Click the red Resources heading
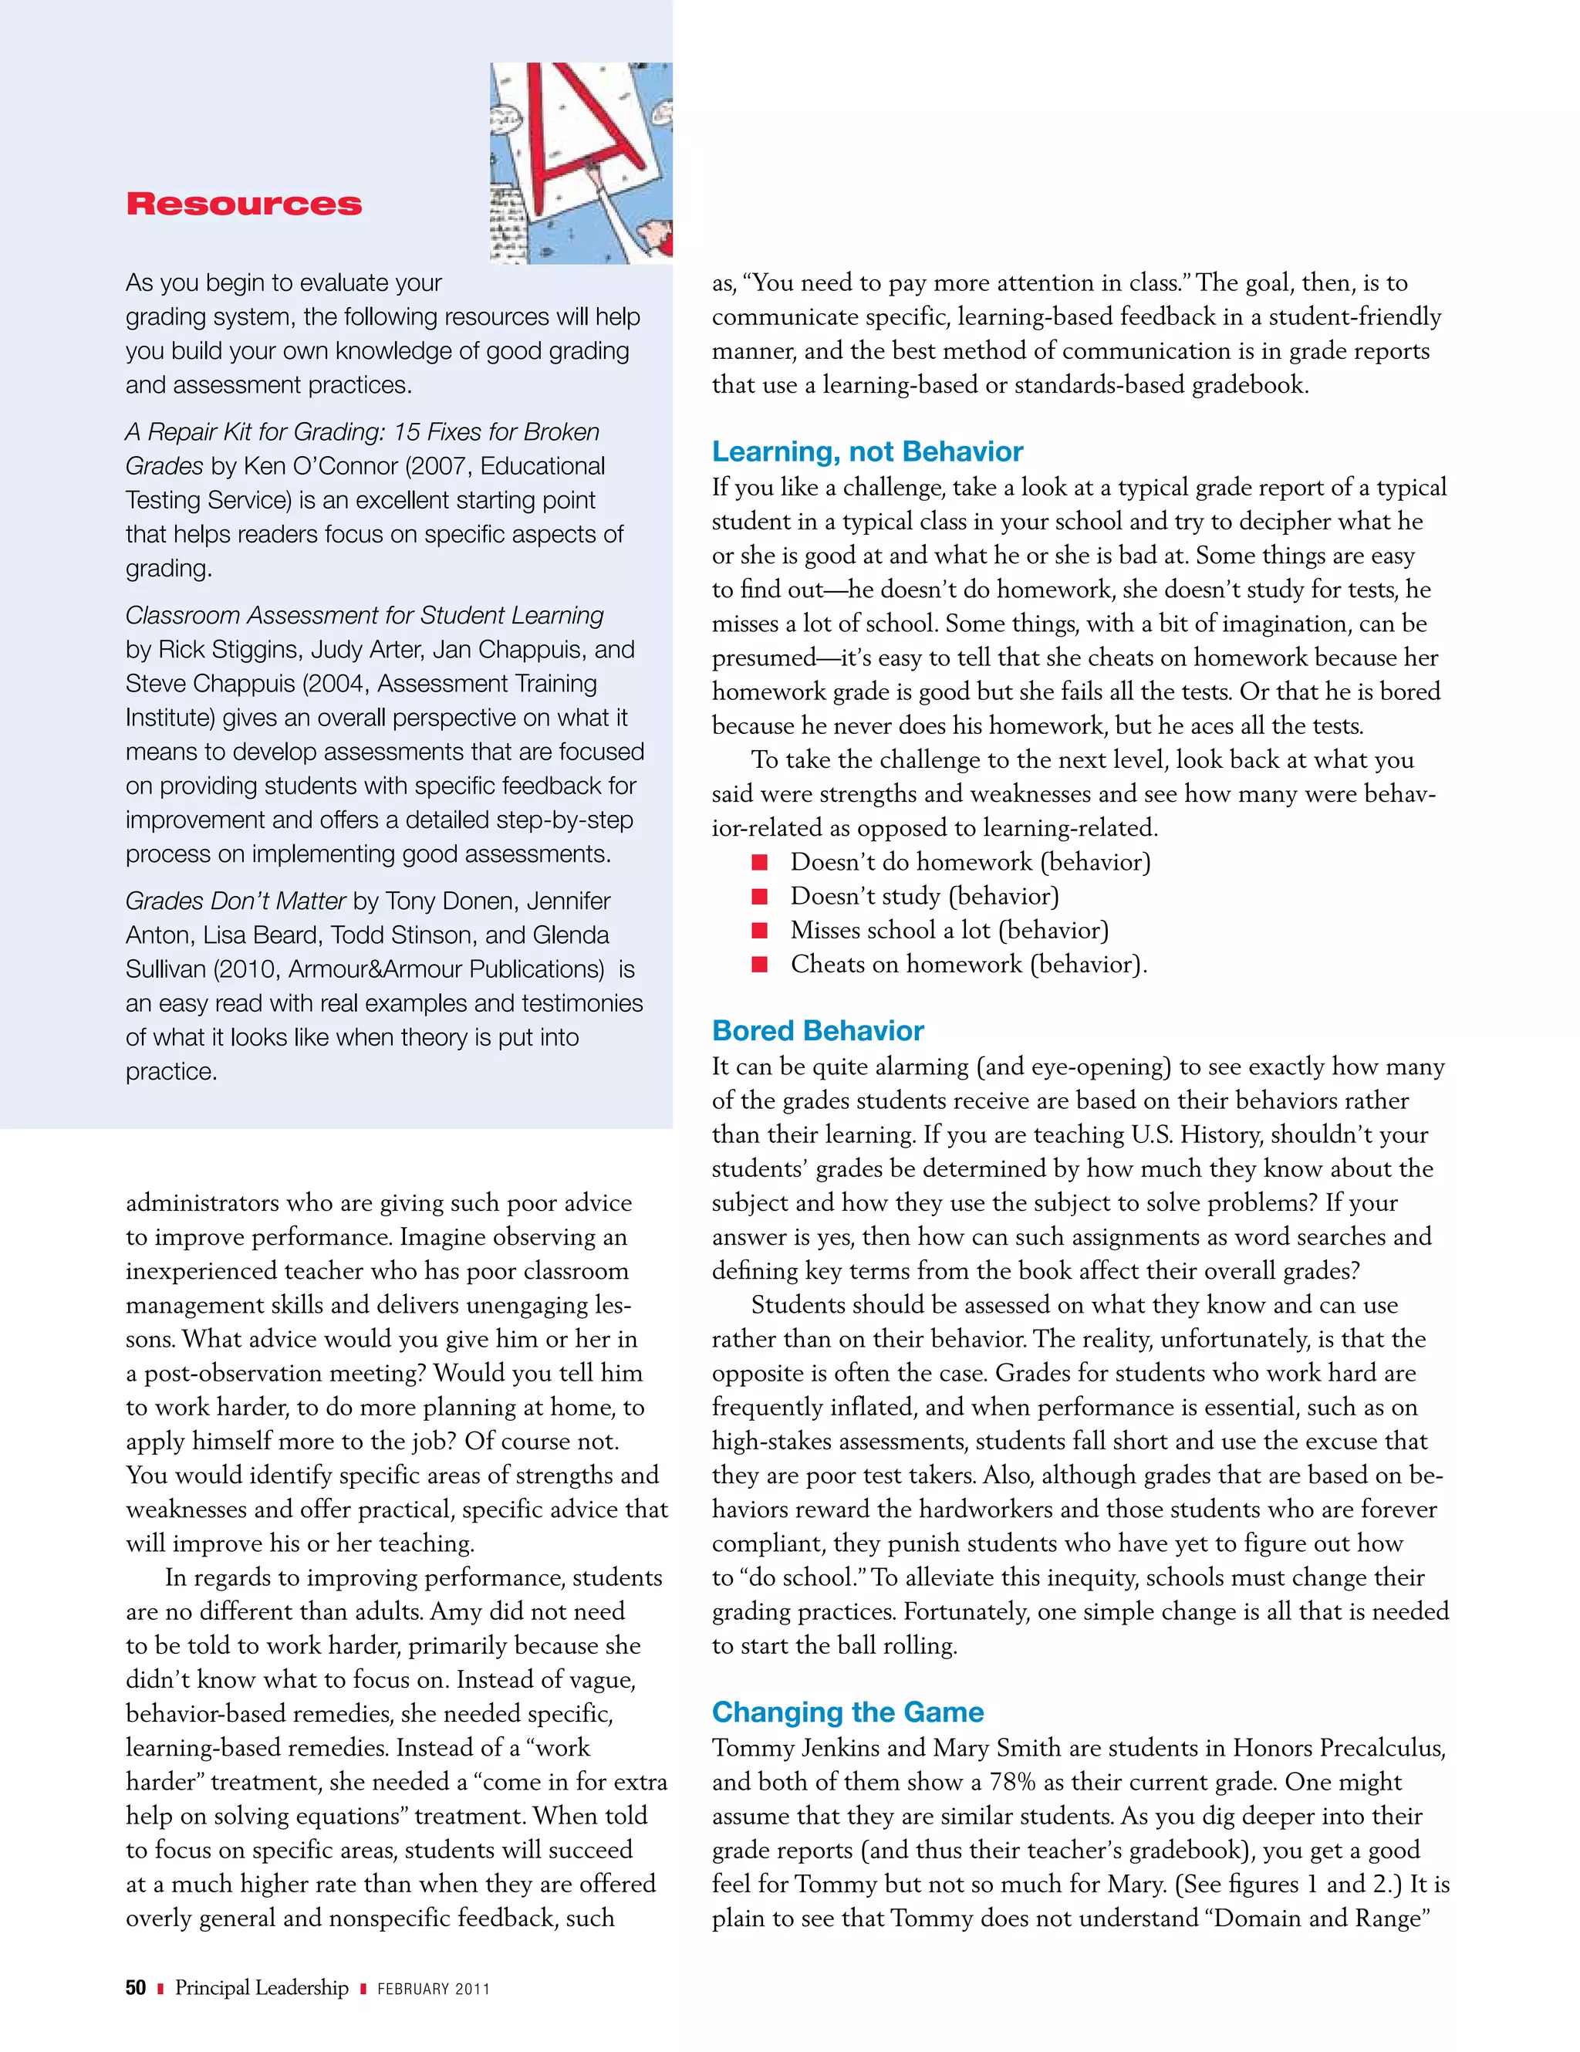[243, 204]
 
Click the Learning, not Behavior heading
[866, 452]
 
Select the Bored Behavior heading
[817, 1031]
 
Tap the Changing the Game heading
[847, 1712]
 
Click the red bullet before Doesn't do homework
[760, 863]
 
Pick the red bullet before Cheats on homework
[760, 965]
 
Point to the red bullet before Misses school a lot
[760, 930]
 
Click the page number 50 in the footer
[135, 1988]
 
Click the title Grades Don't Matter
[236, 901]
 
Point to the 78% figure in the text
[1011, 1783]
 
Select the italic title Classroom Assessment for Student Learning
[364, 615]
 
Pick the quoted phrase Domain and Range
[1322, 1918]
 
